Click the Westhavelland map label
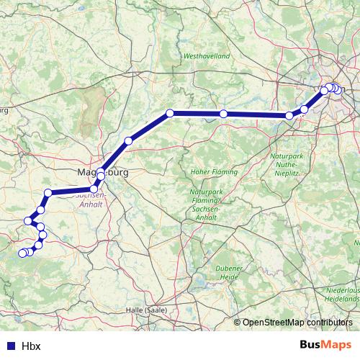click(x=207, y=55)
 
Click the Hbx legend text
click(x=31, y=346)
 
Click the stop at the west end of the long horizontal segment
click(x=171, y=113)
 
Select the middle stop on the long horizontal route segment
click(x=224, y=114)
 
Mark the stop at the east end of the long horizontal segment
click(x=289, y=115)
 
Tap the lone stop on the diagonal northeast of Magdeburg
click(x=128, y=140)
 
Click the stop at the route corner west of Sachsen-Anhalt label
click(x=48, y=192)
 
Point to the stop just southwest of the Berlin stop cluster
click(x=305, y=109)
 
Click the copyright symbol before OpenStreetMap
click(x=238, y=323)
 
